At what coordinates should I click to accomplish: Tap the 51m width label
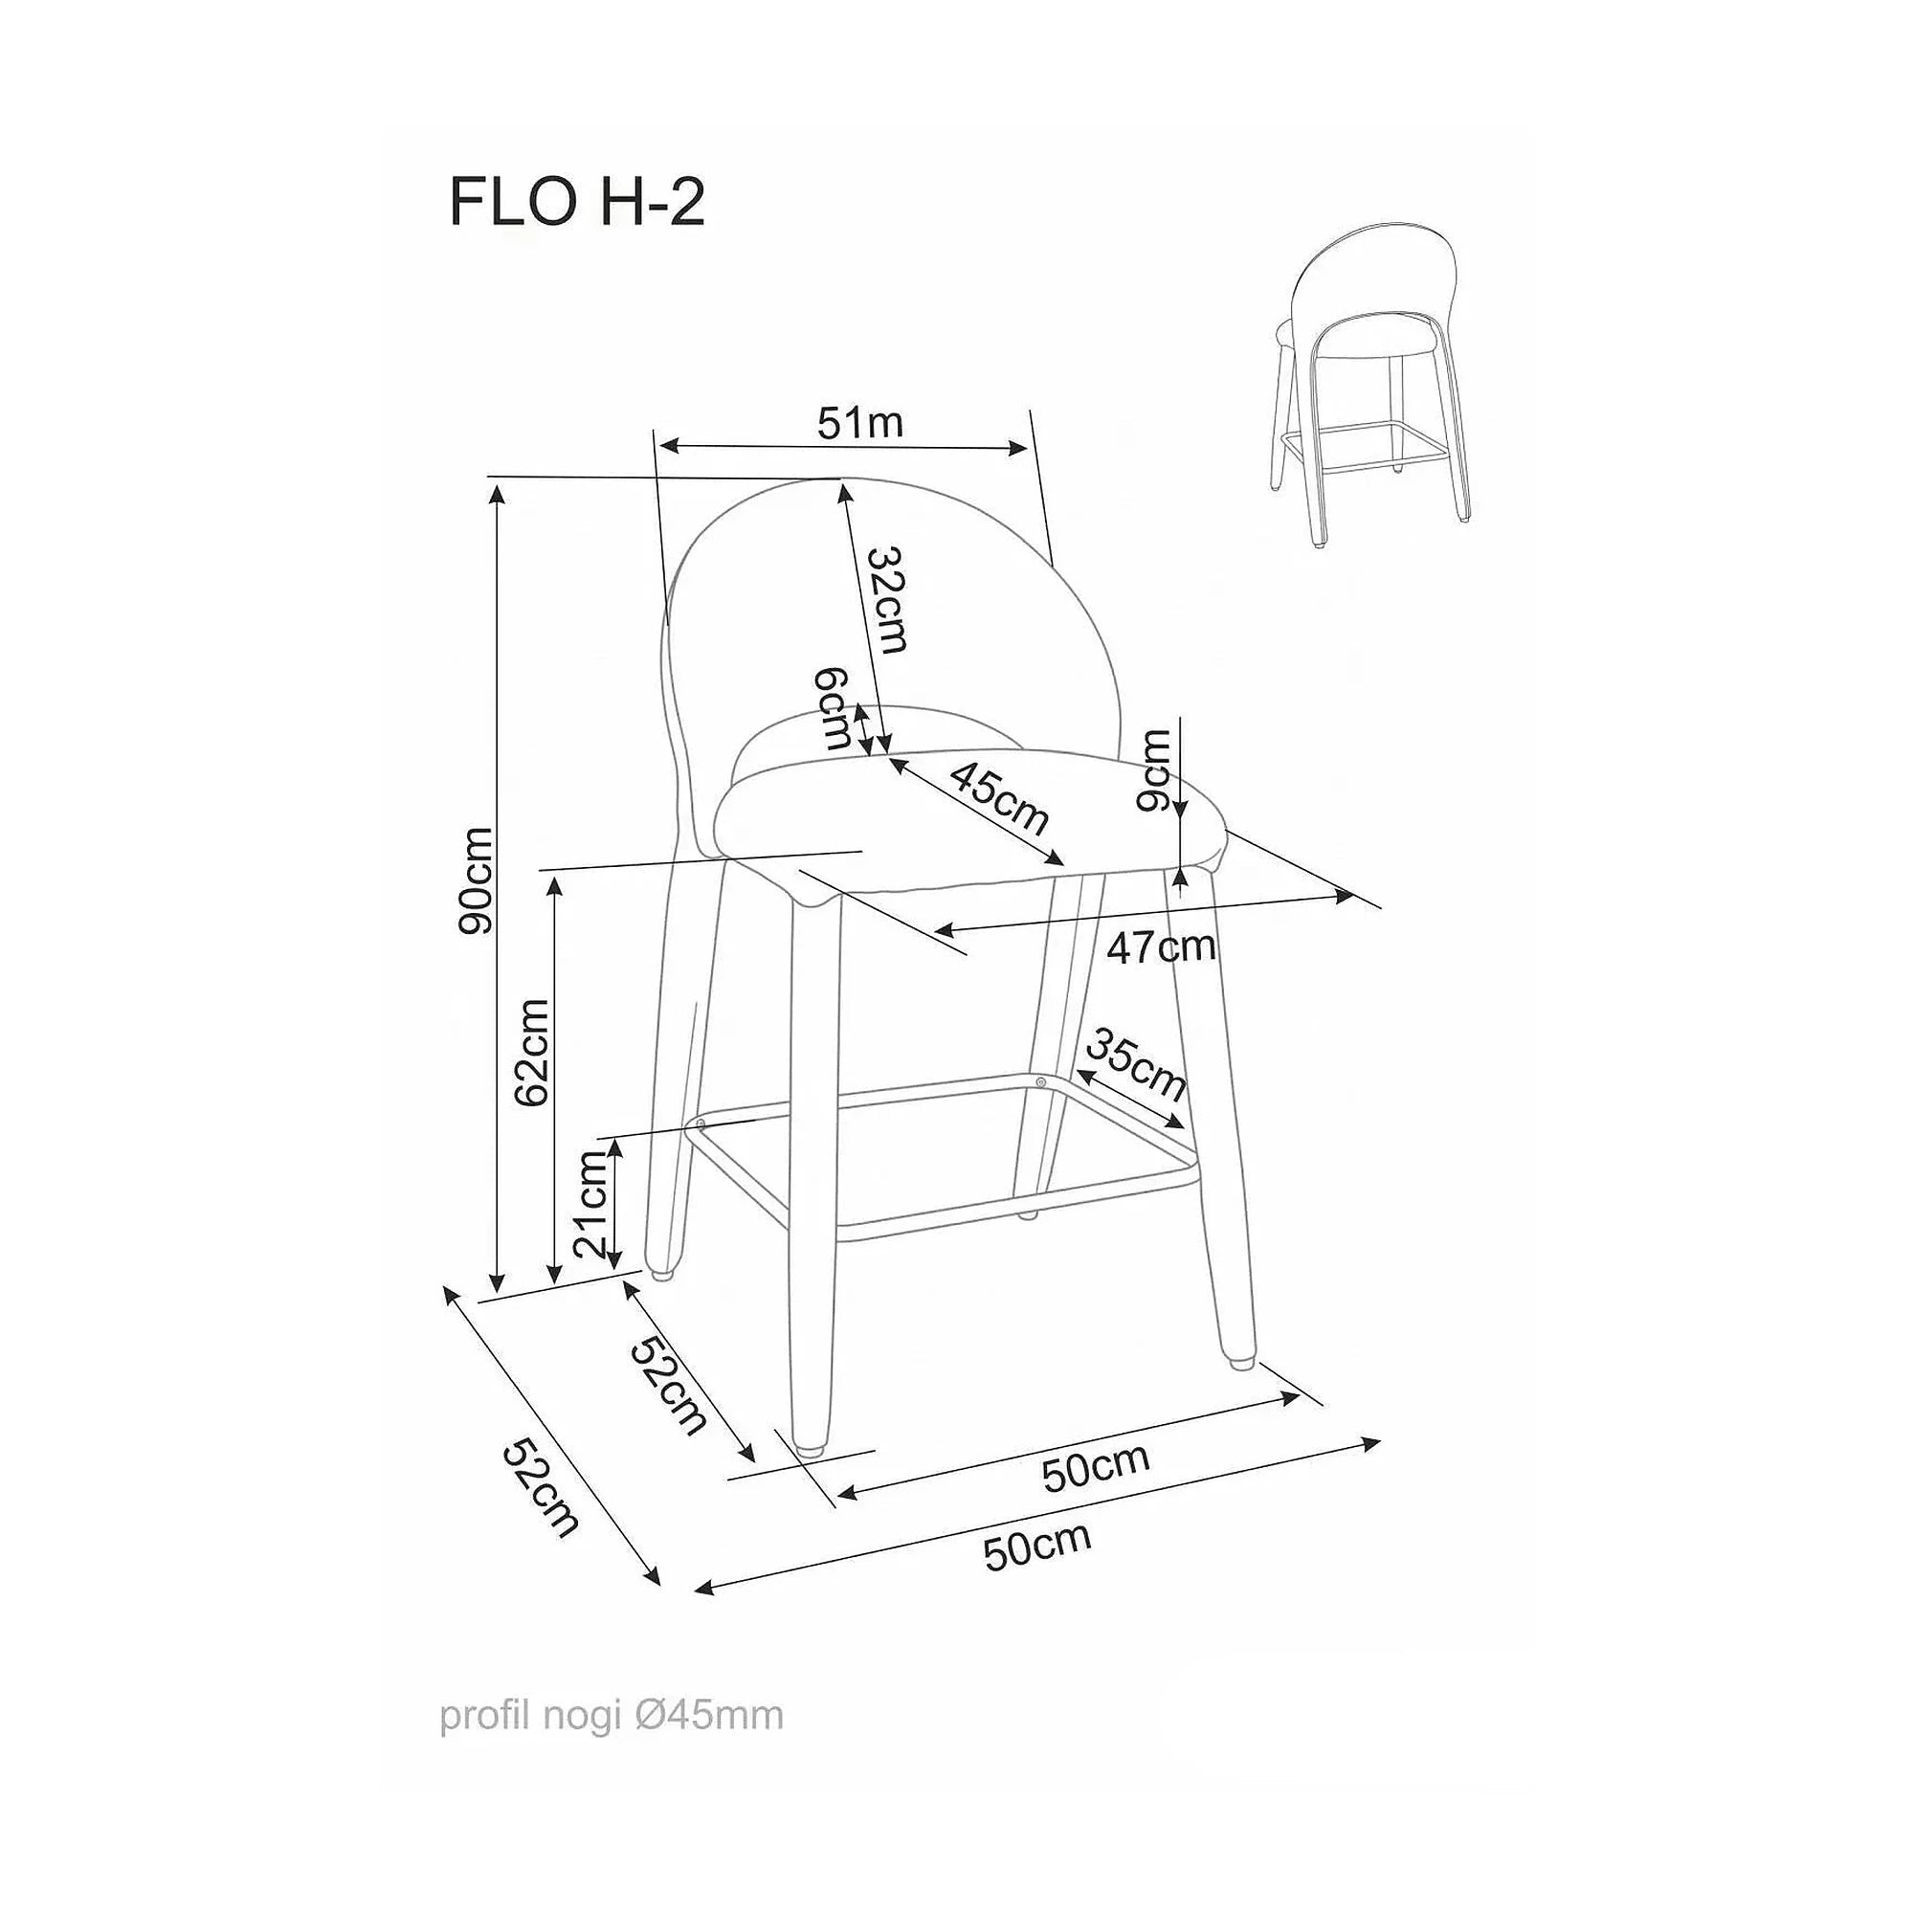860,423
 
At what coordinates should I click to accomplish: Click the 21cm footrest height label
591,1205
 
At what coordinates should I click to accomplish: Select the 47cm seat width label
1161,947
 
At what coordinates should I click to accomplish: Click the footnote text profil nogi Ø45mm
612,1716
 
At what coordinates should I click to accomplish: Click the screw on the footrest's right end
1040,1081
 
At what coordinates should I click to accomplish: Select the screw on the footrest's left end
701,1124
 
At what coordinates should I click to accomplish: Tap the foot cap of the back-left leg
662,1269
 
